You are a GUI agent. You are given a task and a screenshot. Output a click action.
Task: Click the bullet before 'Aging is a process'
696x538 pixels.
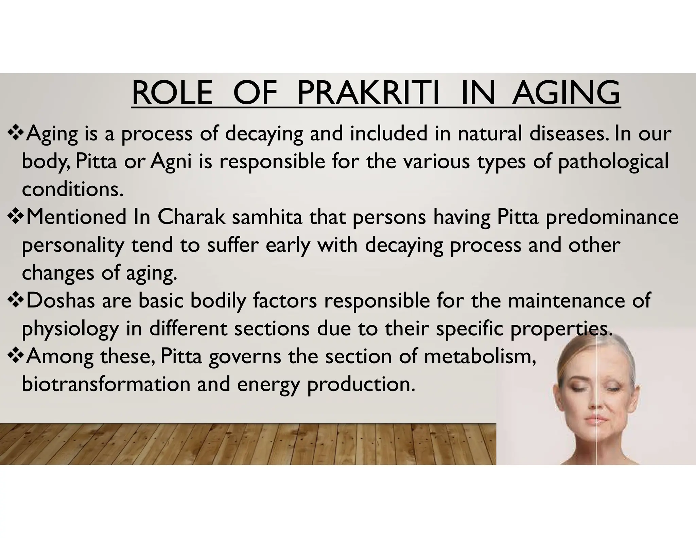tap(15, 133)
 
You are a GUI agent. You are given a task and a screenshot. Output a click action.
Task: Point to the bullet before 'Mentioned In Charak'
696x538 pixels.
tap(15, 217)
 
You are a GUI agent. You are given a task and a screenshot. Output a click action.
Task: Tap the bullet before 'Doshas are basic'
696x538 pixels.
tap(15, 301)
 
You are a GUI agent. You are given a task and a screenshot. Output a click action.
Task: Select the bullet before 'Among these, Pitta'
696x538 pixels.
tap(15, 356)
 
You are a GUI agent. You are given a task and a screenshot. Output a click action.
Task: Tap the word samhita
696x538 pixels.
tap(267, 217)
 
